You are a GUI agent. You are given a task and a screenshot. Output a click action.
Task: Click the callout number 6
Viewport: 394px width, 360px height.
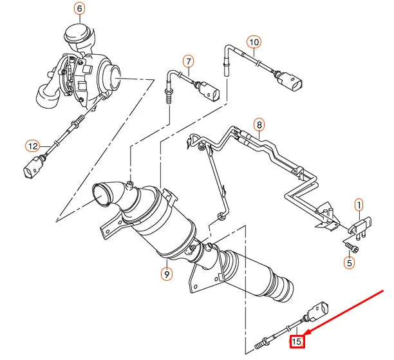click(79, 9)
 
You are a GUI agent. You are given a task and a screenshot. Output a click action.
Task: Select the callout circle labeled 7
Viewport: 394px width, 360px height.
click(188, 62)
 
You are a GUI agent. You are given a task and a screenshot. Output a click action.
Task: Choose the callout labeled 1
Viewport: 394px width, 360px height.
click(359, 205)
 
